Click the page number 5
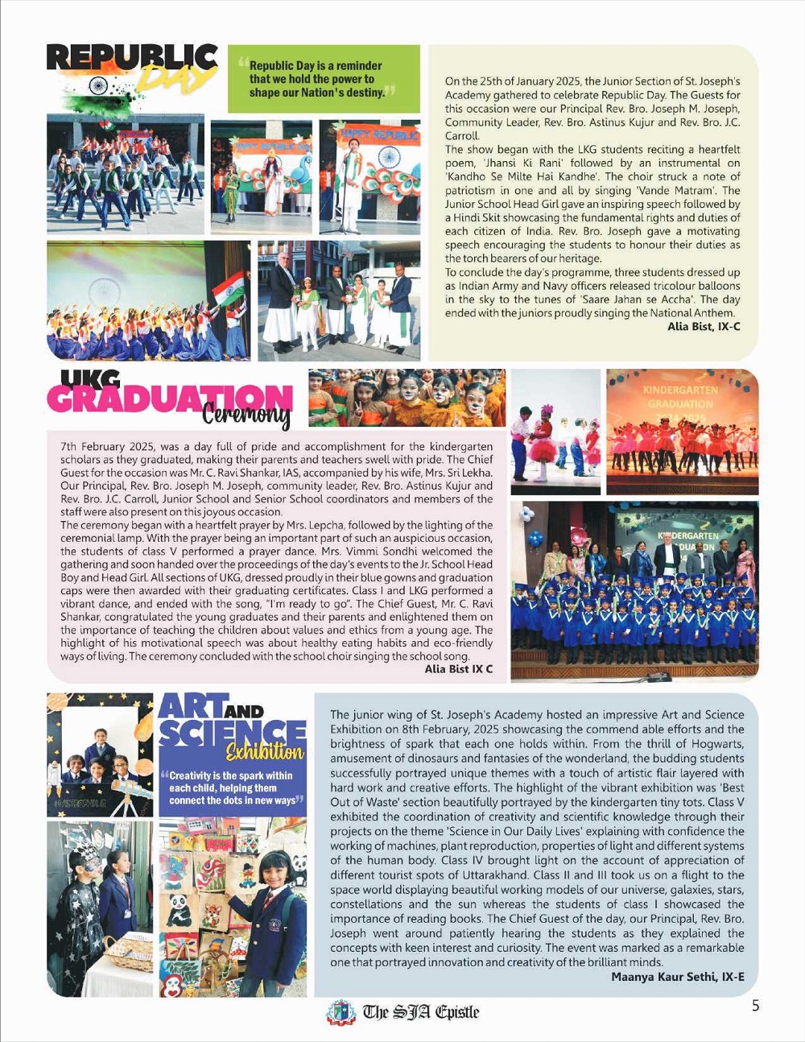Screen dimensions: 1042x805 pyautogui.click(x=755, y=1006)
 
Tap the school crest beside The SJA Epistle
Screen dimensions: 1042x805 pyautogui.click(x=341, y=1012)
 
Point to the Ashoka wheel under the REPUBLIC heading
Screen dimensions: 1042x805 pyautogui.click(x=98, y=86)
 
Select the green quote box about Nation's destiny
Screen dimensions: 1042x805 pyautogui.click(x=323, y=79)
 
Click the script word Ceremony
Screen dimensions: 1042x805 pyautogui.click(x=246, y=415)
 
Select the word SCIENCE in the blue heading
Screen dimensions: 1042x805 pyautogui.click(x=233, y=730)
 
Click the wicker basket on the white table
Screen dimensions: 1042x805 pyautogui.click(x=128, y=951)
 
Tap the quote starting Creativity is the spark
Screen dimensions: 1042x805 pyautogui.click(x=232, y=788)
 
